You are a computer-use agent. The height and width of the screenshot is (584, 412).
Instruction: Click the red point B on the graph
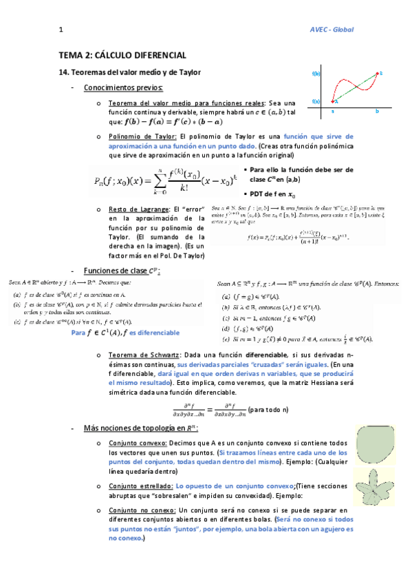pyautogui.click(x=379, y=73)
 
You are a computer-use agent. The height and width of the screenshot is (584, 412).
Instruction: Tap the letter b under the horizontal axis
pyautogui.click(x=377, y=111)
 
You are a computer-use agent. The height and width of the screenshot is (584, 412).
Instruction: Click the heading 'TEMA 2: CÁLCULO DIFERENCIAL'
pyautogui.click(x=122, y=54)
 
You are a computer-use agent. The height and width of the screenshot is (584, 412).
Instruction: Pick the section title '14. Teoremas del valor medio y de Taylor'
pyautogui.click(x=129, y=72)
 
